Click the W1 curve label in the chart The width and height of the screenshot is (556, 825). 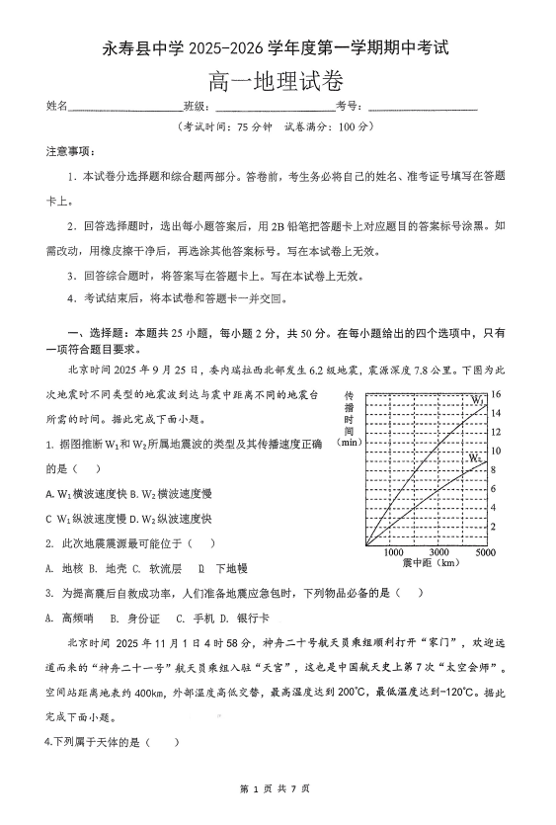(476, 401)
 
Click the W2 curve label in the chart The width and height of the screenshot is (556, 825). (475, 458)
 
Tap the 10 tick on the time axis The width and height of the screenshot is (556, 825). (497, 451)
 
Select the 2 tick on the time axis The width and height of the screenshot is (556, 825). (496, 526)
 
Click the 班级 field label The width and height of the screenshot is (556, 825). (194, 107)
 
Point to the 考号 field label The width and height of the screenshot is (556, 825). (345, 107)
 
